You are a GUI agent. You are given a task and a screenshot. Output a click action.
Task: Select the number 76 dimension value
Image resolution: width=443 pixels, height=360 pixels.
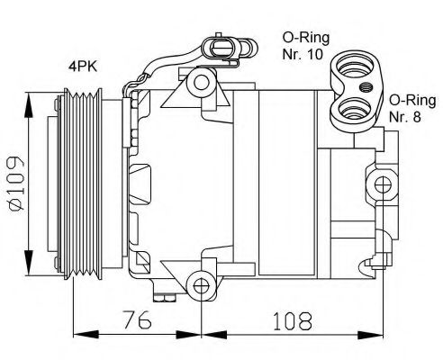137,319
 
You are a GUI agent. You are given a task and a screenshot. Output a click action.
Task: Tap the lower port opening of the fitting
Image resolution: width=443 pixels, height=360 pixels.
348,112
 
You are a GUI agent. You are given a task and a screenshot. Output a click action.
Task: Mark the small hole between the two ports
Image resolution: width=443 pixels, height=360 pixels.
369,88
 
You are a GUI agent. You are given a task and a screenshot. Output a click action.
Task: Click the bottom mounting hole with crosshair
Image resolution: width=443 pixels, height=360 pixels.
202,286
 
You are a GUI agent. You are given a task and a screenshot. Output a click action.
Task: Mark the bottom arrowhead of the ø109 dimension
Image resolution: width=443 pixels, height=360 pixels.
32,253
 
